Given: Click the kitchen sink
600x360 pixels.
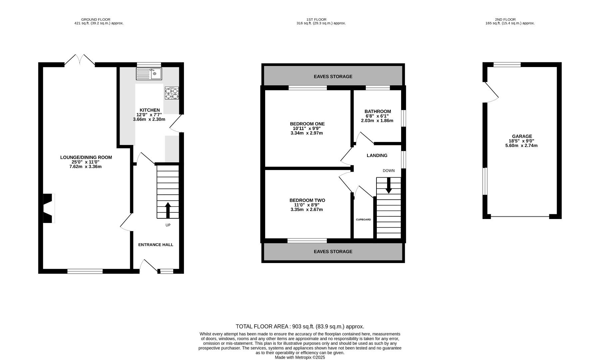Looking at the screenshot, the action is coord(149,74).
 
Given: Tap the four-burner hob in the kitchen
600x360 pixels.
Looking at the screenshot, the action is coord(172,93).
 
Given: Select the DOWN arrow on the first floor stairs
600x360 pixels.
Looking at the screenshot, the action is coord(388,185).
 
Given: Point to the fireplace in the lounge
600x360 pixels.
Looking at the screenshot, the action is coord(49,208).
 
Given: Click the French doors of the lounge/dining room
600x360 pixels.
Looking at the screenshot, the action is coord(80,60).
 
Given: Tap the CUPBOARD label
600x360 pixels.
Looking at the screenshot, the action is coord(363,220).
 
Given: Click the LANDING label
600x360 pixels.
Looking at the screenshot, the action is coord(377,155).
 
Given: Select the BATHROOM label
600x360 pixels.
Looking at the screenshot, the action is coord(378,111).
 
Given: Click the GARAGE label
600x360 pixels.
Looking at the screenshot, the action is coord(522,136).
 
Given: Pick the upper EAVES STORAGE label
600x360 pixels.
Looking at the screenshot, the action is coord(333,76).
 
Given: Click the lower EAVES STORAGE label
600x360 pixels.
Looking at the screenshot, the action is coord(333,251).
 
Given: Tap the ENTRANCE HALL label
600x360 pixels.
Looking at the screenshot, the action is coord(156,245).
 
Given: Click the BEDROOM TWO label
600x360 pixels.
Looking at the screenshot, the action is coord(307,200).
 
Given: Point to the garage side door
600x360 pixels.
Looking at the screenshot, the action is coord(491,92).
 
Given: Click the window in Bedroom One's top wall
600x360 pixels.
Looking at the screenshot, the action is coord(308,88).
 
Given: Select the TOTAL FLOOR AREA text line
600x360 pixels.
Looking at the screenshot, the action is coord(300,327).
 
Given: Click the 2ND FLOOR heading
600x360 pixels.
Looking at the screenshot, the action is coord(510,20).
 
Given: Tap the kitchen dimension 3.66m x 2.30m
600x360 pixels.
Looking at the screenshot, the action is coord(149,119).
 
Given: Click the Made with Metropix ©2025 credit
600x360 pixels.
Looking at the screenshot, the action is coord(300,357).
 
